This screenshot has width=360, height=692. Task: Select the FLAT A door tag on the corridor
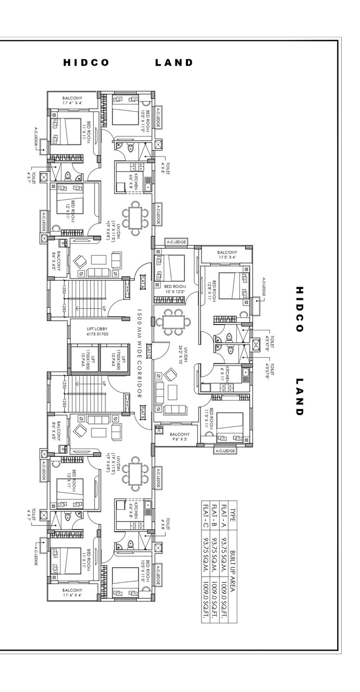pyautogui.click(x=143, y=282)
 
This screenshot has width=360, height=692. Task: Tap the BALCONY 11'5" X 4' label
pyautogui.click(x=227, y=254)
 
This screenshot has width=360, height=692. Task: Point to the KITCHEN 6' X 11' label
pyautogui.click(x=225, y=375)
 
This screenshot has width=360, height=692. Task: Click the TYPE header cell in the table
pyautogui.click(x=232, y=511)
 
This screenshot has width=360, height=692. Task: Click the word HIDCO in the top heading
pyautogui.click(x=86, y=63)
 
